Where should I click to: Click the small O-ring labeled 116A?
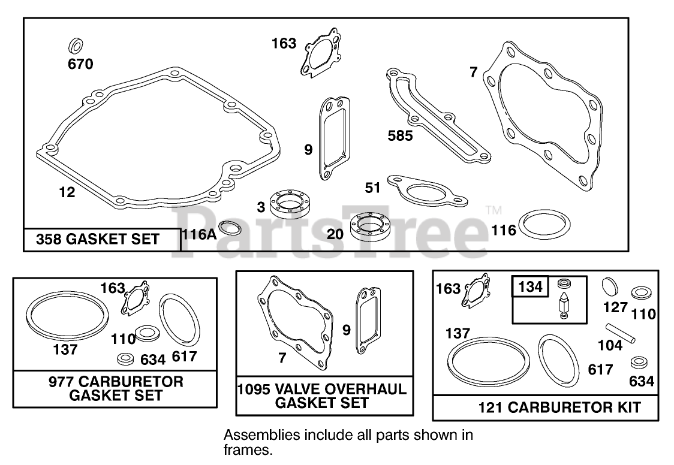(x=229, y=228)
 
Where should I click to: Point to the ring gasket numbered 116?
(x=544, y=224)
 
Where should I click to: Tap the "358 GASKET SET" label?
(x=98, y=240)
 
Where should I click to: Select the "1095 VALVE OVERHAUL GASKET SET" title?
(x=324, y=395)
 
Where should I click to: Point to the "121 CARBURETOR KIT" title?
(x=559, y=408)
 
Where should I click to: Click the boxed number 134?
(x=529, y=287)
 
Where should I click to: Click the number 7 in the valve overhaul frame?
(x=282, y=358)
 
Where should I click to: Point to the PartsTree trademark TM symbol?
(x=493, y=210)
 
